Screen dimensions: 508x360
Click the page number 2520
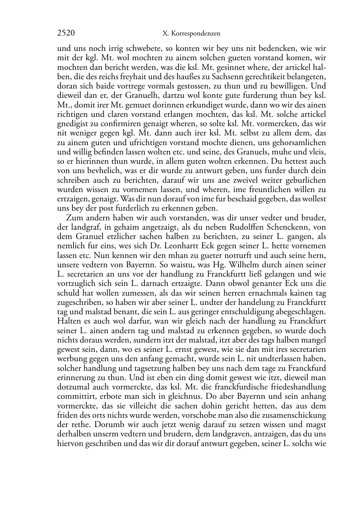click(x=66, y=33)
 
